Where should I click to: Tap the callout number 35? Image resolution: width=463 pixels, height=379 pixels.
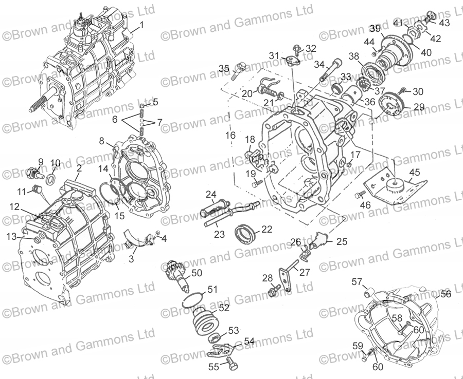click(223, 69)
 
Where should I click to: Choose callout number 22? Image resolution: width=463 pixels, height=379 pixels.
click(266, 229)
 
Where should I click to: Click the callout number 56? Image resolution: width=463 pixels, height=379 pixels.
click(446, 294)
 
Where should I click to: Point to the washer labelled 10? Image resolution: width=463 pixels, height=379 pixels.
click(52, 180)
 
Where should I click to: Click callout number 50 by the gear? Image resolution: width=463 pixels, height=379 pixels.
click(197, 273)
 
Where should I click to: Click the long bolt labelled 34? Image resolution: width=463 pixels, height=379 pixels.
click(328, 71)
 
